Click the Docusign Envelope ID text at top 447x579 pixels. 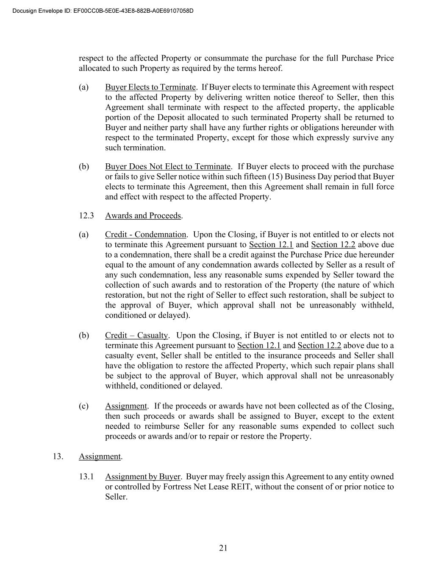(x=103, y=11)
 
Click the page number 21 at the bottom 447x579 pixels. (x=223, y=548)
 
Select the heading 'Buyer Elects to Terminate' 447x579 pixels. (x=150, y=87)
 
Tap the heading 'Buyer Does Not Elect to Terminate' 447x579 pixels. (x=168, y=167)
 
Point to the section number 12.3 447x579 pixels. (x=86, y=215)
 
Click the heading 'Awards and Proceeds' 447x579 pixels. (x=143, y=215)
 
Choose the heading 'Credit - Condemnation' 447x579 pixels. (x=145, y=235)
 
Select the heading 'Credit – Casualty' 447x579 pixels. (x=136, y=336)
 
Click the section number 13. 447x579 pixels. (x=58, y=456)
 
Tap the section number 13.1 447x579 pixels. (x=86, y=477)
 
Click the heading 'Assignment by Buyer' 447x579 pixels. (x=142, y=477)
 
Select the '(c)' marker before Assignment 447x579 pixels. (x=83, y=406)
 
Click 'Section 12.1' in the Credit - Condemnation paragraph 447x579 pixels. (x=271, y=245)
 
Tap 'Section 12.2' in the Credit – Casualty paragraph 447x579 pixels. (x=319, y=346)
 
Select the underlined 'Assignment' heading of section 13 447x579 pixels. (x=100, y=456)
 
